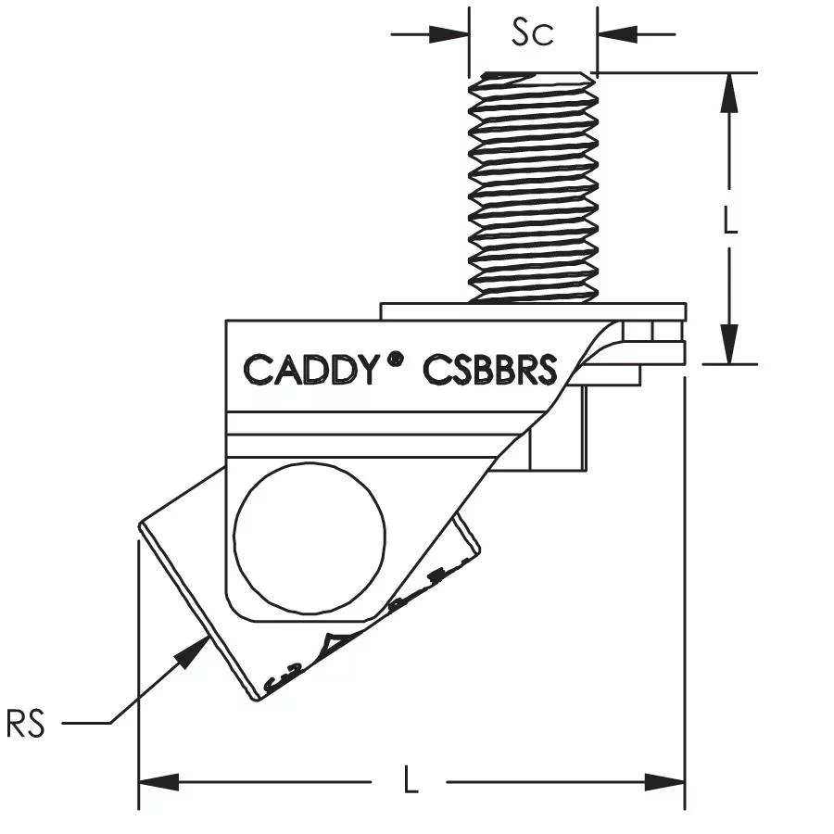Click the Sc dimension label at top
coord(533,33)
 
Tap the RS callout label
coord(26,724)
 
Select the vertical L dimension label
coord(730,220)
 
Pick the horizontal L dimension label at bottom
coord(411,781)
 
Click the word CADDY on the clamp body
coord(310,369)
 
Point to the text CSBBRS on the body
coord(490,369)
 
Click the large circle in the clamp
coord(310,532)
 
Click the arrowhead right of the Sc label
coord(611,35)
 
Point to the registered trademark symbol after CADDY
coord(396,358)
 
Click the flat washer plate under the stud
coord(533,310)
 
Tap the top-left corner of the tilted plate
coord(141,525)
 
